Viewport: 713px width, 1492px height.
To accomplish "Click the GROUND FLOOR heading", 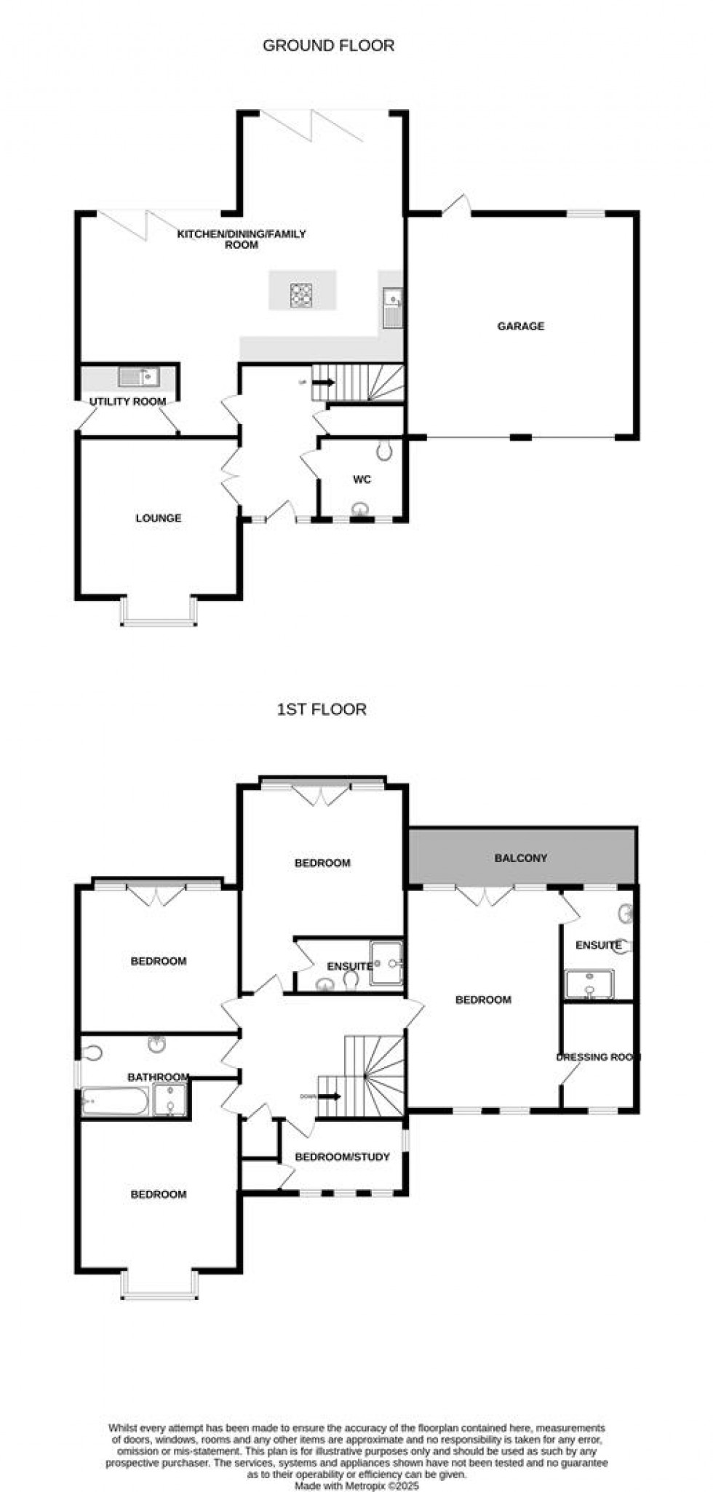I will [x=328, y=46].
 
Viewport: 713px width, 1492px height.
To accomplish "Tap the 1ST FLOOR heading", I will [x=322, y=709].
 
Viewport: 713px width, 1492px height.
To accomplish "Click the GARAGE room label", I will [x=520, y=327].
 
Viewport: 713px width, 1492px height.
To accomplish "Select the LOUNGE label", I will [x=158, y=519].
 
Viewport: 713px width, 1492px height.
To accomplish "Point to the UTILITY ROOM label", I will [x=127, y=402].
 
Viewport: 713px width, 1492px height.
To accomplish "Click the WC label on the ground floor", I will [x=362, y=479].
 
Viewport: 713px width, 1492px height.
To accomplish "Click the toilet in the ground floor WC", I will [x=385, y=452].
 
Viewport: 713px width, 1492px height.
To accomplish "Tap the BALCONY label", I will [x=520, y=858].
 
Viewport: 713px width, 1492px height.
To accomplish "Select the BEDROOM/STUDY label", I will [x=342, y=1157].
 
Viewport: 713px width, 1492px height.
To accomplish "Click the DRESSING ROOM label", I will [x=598, y=1057].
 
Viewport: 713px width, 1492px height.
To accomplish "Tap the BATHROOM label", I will [x=158, y=1077].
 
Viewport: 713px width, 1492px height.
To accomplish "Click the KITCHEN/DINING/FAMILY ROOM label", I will [x=242, y=239].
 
